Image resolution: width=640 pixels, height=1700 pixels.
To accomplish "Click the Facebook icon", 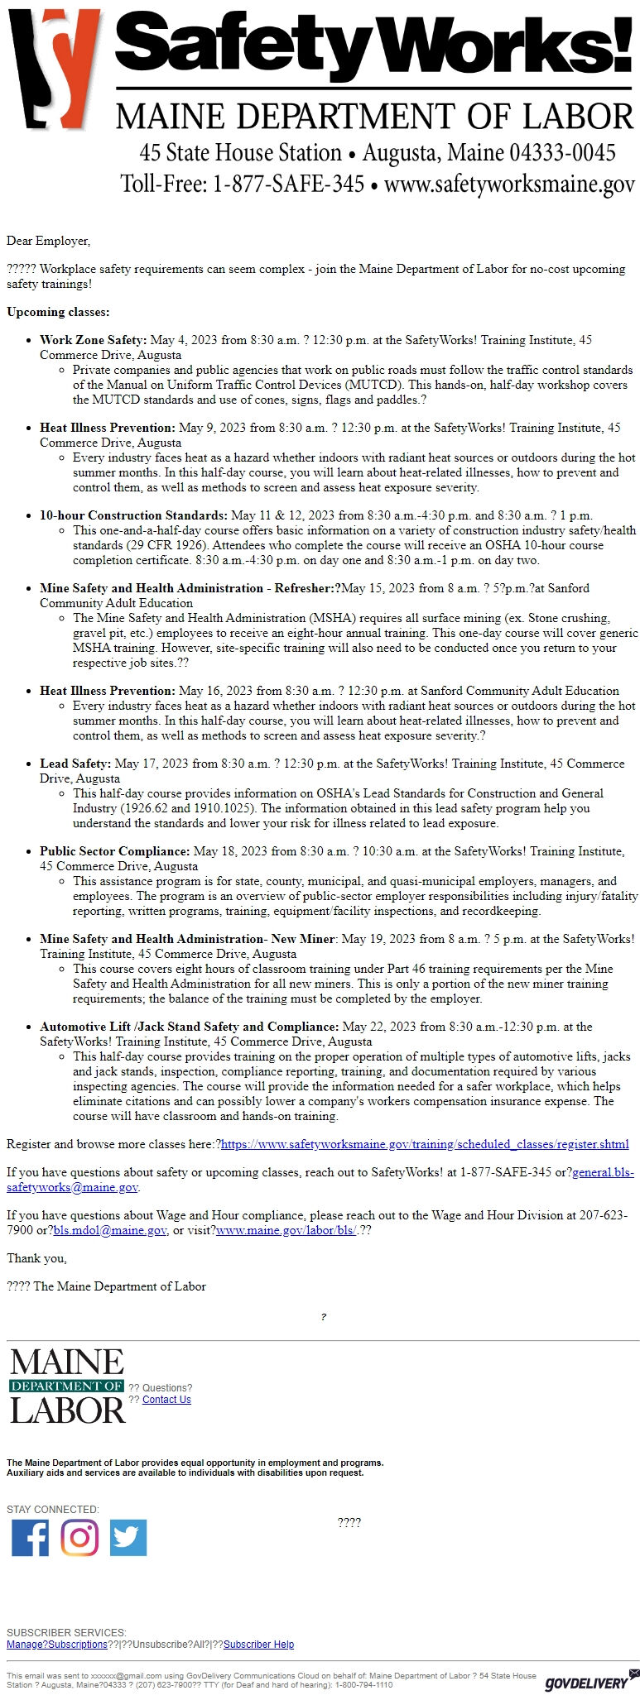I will [30, 1538].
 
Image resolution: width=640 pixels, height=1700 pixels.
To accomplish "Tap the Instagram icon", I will [79, 1538].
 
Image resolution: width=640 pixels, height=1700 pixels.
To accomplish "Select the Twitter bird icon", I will [128, 1538].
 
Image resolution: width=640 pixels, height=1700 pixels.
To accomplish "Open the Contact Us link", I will [166, 1400].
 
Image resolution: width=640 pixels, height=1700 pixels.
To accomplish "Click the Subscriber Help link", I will [258, 1645].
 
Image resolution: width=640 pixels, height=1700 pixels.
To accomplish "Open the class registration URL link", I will [425, 1144].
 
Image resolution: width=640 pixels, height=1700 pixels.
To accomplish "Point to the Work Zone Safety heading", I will [93, 340].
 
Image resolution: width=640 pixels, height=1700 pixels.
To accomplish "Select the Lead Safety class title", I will [75, 764].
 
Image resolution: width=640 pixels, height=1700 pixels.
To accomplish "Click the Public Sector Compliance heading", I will [115, 851].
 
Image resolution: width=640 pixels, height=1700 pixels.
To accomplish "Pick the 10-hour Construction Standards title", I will [133, 515].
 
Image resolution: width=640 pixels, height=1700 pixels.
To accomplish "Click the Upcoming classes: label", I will [58, 312].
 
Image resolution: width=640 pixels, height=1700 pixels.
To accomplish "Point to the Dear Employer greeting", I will [48, 241].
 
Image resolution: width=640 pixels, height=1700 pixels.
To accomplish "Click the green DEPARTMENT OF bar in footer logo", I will [66, 1386].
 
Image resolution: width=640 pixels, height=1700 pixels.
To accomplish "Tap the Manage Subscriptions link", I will [57, 1645].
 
